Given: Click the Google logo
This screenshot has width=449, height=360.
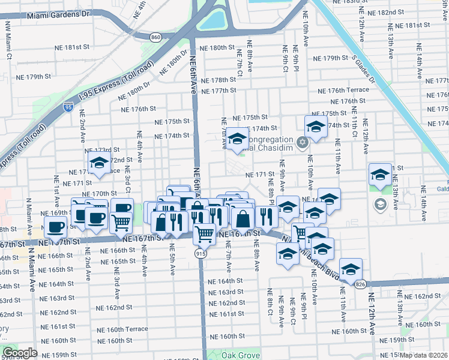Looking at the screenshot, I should (x=19, y=353).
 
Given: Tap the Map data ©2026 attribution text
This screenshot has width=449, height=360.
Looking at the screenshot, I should (x=423, y=355).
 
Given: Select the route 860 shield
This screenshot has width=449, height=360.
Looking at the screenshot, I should (x=156, y=37).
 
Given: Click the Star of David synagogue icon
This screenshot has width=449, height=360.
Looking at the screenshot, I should (x=303, y=142).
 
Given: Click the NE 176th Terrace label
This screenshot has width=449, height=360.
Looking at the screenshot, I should (x=348, y=90).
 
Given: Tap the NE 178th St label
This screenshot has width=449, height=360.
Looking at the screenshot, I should (x=218, y=80).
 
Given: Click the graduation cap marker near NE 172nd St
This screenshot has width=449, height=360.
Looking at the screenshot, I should (x=100, y=161).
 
